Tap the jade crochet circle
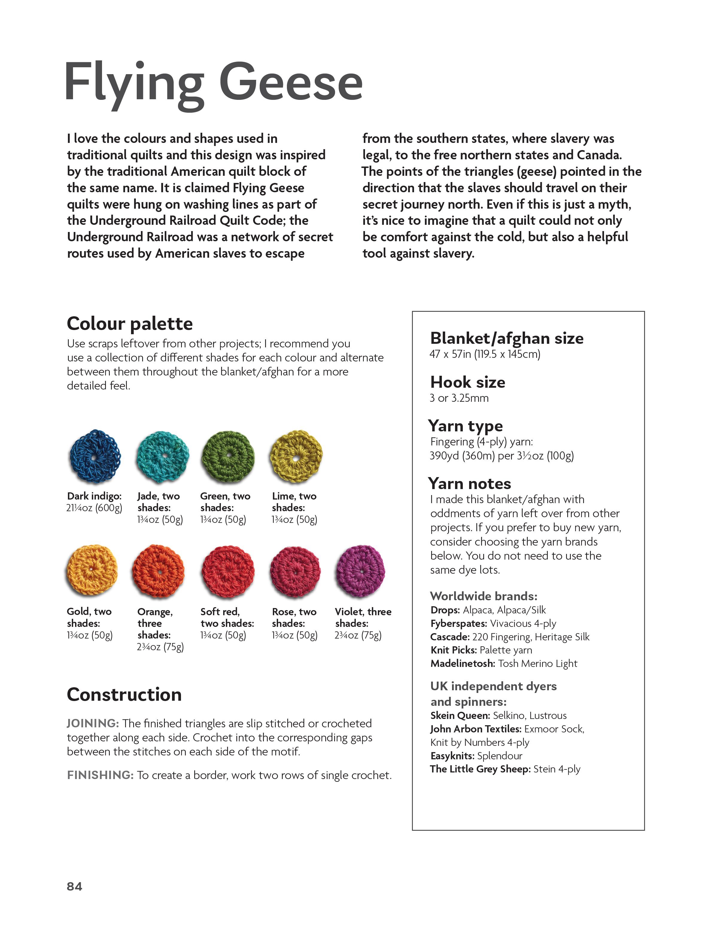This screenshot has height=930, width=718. (163, 457)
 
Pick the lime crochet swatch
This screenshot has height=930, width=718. (296, 457)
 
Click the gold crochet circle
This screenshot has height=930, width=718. (92, 570)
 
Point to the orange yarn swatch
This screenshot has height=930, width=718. (159, 571)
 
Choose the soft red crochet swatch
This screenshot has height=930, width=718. (228, 571)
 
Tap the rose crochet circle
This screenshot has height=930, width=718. (295, 571)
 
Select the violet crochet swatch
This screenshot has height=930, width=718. (360, 571)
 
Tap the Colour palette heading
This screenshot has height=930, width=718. (130, 324)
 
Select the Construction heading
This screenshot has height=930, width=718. (124, 694)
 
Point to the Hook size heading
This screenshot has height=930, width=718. (467, 382)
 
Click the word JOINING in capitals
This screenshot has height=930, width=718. (93, 723)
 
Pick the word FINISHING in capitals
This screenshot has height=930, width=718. (101, 775)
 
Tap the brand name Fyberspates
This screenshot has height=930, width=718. (459, 623)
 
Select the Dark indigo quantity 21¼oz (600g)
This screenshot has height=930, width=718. (94, 508)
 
